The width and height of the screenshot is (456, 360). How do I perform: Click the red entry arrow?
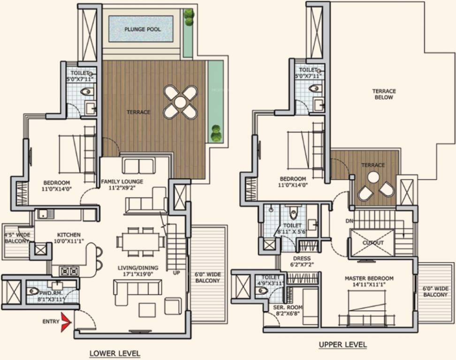(x=65, y=322)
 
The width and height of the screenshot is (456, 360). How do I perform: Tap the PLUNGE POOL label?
(x=143, y=29)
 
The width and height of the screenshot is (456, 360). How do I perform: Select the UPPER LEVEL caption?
(x=342, y=345)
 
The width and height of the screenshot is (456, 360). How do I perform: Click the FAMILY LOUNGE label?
(x=122, y=181)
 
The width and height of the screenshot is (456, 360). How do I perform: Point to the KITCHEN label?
(x=69, y=234)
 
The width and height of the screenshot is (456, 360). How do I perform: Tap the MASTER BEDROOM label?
(x=369, y=278)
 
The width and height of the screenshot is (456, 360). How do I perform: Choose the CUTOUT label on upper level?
(x=373, y=243)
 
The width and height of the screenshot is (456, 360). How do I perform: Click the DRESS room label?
(x=302, y=258)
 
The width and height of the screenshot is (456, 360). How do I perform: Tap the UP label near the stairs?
(x=176, y=272)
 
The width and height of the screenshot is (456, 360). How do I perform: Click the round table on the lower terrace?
(x=180, y=102)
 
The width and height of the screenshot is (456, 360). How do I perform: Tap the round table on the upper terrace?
(x=373, y=178)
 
